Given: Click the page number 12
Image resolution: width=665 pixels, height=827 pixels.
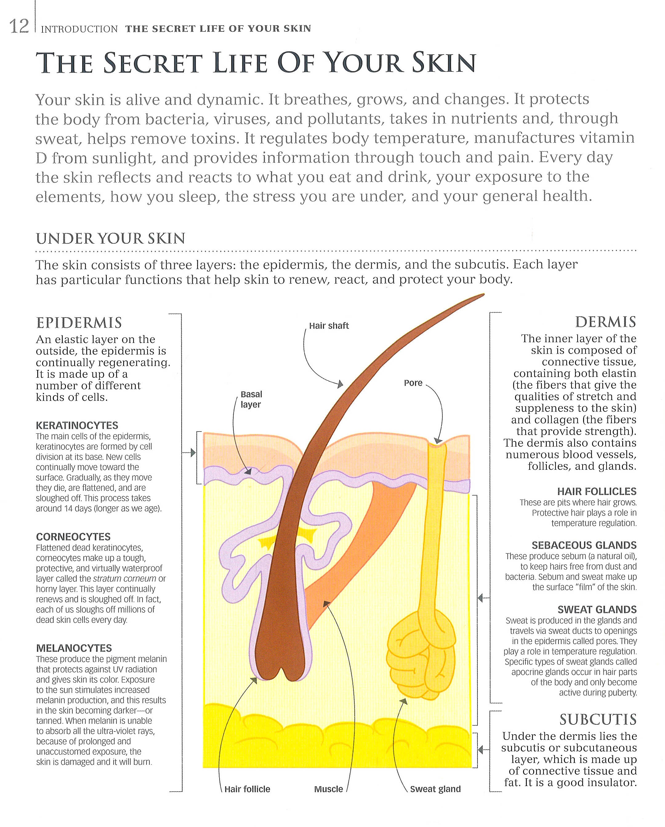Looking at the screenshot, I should pos(19,27).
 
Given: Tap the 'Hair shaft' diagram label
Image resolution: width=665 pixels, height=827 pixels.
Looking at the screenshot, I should pos(329,326).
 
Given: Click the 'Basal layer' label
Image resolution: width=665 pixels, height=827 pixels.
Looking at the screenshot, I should pos(251,399).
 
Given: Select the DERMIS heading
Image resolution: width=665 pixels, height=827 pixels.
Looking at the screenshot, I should pos(605,322).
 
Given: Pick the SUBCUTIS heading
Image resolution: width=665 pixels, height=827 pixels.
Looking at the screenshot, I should pos(598,720).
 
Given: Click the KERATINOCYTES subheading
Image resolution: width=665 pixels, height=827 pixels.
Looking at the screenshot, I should pos(77,425).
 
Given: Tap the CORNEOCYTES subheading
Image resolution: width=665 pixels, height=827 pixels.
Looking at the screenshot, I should pos(73,537).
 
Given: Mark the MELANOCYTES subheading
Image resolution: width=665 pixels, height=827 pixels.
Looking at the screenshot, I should pos(74,648).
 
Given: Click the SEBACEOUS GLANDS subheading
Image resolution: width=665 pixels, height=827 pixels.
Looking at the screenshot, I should pos(584,545).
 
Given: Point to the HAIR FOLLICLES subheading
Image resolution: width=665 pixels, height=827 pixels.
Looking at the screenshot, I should pos(596,491).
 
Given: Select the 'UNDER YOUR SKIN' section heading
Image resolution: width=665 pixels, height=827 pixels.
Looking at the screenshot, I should pos(111,239).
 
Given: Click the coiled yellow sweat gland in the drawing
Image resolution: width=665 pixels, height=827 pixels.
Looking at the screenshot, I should pos(420,656).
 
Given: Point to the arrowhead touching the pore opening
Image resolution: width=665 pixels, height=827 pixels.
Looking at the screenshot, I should pos(438,441).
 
